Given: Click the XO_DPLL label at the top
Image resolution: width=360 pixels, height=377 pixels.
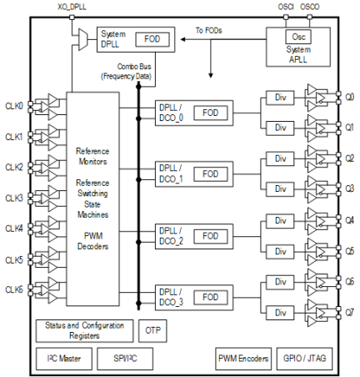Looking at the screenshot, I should click(72, 6).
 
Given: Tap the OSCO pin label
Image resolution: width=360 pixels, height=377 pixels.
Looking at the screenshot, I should click(310, 6).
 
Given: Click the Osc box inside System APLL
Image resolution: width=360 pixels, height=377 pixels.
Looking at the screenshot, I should click(297, 37).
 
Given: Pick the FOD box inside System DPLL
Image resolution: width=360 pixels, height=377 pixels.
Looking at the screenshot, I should click(152, 38).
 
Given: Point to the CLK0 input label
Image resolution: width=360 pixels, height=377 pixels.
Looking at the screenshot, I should click(13, 105).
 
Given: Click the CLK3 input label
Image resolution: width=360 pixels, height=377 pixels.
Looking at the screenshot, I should click(13, 198).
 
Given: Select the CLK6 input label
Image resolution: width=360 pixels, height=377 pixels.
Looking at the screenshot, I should click(13, 289).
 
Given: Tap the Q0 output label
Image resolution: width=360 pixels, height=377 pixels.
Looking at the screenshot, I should click(349, 96).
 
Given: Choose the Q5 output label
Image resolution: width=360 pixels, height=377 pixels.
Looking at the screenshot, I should click(349, 250).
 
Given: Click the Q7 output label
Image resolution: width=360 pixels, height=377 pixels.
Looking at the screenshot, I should click(349, 312).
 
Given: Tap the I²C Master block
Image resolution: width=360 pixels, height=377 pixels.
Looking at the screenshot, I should click(60, 359).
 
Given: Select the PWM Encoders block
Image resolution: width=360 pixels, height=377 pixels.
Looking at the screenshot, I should click(242, 359).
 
